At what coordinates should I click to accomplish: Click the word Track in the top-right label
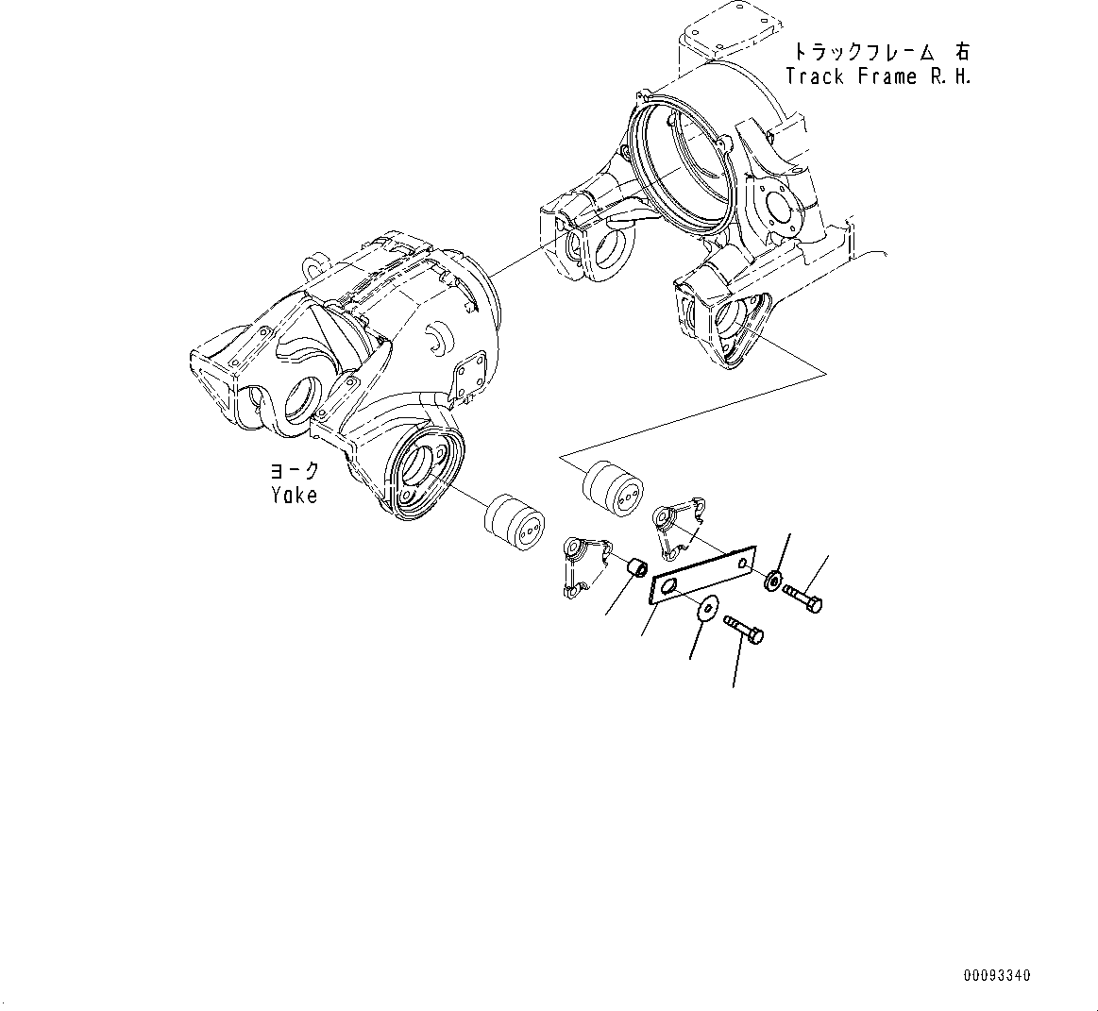tap(817, 77)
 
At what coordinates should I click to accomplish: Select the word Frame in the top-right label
tap(887, 77)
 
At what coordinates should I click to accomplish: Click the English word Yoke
tap(294, 495)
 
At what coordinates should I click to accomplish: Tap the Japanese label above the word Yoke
tap(294, 471)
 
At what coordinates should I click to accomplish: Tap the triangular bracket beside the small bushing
tap(583, 564)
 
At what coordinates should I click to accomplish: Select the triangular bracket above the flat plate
tap(678, 525)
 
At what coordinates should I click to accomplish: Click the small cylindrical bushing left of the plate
tap(638, 568)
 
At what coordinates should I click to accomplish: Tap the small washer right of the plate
tap(774, 580)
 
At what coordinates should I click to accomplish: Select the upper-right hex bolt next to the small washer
tap(803, 598)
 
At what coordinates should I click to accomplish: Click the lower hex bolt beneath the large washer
tap(745, 630)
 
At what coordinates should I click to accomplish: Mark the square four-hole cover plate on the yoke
tap(469, 382)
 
